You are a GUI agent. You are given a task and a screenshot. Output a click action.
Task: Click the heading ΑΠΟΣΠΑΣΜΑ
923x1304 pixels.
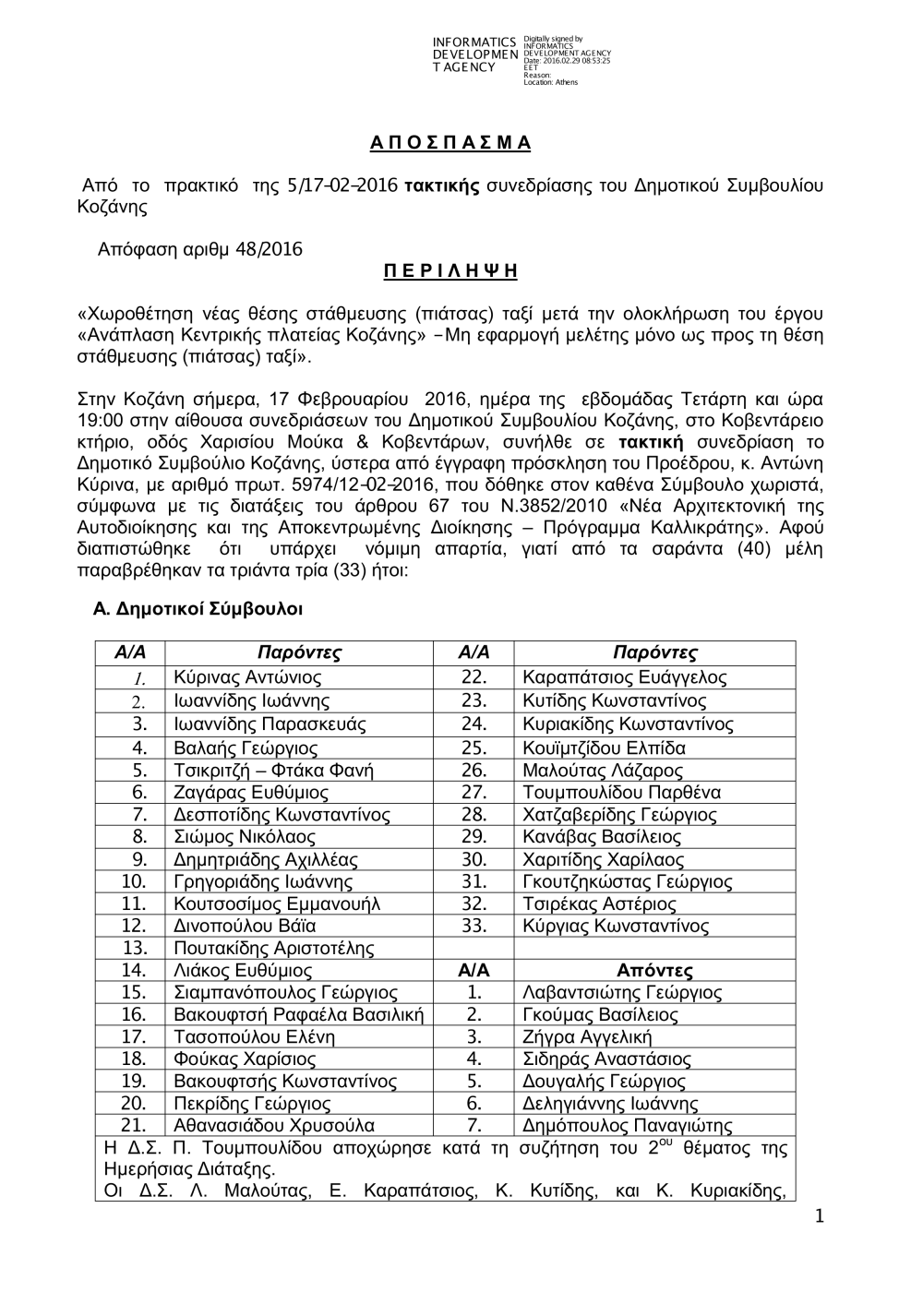coord(450,143)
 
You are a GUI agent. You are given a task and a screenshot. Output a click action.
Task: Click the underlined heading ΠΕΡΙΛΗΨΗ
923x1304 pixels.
coord(450,270)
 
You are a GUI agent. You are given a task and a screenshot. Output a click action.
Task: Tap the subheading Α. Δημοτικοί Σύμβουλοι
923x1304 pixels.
coord(198,609)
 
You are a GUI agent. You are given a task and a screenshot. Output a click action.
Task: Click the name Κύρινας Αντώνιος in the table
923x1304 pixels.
coord(247,678)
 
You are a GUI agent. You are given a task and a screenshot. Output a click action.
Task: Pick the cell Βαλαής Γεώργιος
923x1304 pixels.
coord(246,748)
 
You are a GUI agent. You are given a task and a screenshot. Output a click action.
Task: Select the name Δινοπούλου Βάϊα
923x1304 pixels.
coord(245,926)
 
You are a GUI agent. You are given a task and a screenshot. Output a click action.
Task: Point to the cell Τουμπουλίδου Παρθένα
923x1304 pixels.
coord(621,793)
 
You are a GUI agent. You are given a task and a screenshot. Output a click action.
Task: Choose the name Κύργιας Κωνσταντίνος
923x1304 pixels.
coord(615,926)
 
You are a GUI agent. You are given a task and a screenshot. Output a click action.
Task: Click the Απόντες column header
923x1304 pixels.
coord(654,970)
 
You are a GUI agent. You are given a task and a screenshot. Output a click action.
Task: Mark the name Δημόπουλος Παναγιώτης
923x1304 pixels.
coord(627,1126)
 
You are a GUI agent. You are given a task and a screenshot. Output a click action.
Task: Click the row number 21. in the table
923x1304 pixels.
coord(134,1126)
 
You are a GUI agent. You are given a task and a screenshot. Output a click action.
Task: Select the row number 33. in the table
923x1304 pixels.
coord(473,926)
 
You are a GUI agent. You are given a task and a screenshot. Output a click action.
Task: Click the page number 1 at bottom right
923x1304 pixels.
coord(819,1217)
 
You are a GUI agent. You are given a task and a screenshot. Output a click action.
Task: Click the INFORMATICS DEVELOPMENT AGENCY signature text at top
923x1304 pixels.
coord(474,55)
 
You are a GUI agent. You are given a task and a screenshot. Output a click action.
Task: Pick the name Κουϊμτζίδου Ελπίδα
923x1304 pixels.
coord(604,748)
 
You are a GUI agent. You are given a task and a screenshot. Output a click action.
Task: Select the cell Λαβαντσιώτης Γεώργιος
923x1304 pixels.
coord(622,993)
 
